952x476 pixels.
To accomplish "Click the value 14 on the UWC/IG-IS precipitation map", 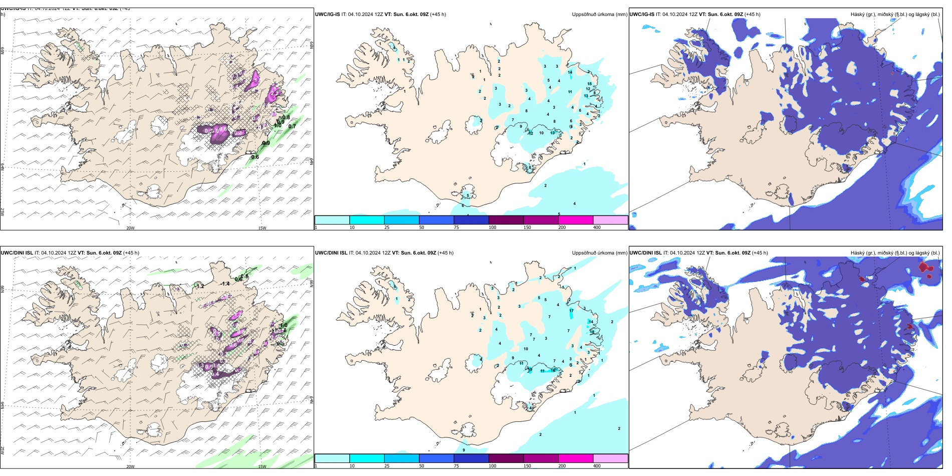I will pos(570,72).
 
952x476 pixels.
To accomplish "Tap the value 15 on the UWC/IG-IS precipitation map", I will pos(589,84).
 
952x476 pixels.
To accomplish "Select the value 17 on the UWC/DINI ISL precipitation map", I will pos(571,311).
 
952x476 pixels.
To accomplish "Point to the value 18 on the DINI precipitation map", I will pos(592,332).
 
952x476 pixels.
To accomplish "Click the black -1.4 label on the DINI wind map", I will pos(225,284).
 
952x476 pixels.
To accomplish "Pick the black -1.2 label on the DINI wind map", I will pos(199,286).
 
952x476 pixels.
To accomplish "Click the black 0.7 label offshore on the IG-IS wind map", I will pos(292,126).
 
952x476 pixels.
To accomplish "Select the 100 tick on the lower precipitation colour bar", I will pos(493,465).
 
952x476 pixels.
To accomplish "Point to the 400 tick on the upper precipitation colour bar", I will pos(597,227).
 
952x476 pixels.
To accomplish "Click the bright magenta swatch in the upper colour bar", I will pos(576,220).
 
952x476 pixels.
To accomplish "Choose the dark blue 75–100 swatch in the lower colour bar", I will pos(471,458).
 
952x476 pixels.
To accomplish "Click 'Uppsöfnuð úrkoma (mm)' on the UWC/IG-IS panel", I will pos(599,15).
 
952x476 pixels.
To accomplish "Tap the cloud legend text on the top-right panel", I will pos(895,15).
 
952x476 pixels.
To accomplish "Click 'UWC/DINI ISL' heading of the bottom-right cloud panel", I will pos(645,253).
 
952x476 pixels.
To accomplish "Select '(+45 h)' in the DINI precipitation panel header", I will pos(445,253).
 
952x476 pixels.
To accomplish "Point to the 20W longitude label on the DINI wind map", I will pos(130,466).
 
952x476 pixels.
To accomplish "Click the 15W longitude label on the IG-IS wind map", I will pos(262,228).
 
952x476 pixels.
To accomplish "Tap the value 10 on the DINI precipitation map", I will pos(526,349).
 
